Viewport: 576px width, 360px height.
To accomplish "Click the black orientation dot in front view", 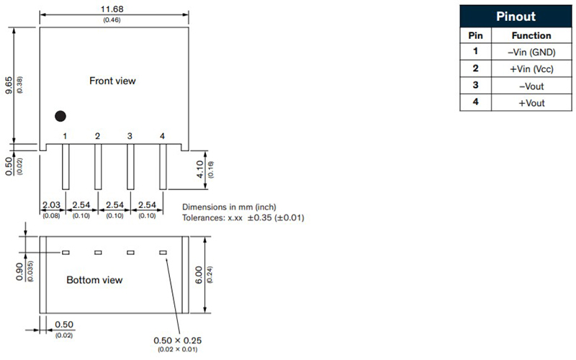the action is click(x=60, y=116).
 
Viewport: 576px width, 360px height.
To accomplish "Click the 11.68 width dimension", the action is click(x=112, y=9).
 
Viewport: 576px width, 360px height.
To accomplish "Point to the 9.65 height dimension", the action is click(x=9, y=85).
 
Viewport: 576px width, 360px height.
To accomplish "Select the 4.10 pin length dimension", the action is click(x=200, y=169).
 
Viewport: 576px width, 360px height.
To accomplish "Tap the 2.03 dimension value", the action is click(x=51, y=205).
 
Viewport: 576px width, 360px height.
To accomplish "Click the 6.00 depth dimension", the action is click(x=199, y=275).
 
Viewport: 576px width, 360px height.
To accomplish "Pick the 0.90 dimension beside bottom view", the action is click(x=19, y=271).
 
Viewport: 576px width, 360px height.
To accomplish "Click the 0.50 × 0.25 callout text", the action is click(x=177, y=341).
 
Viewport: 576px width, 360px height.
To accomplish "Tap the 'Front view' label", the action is click(x=112, y=81).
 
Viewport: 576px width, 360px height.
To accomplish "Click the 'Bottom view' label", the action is click(x=94, y=280).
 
